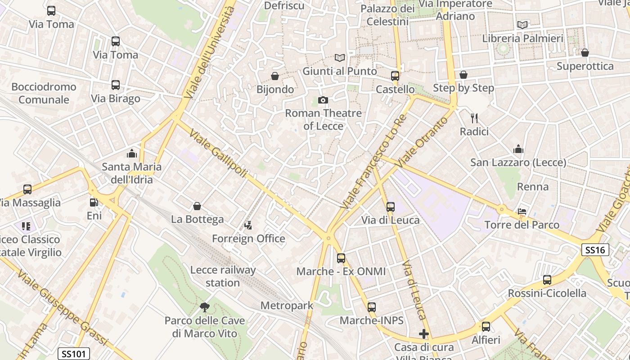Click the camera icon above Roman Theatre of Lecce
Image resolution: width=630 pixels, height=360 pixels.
323,100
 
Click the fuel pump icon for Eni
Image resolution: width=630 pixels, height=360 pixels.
94,203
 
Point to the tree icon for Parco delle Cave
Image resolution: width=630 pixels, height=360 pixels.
205,307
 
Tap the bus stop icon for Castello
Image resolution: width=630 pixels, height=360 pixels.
395,76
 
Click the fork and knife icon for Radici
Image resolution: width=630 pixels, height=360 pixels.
474,118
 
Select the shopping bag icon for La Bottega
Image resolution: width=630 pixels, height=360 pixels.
197,206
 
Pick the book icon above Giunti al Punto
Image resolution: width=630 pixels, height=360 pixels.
340,58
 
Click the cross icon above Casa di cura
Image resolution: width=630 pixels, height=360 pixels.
423,334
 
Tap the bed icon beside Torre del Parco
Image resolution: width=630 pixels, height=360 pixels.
522,211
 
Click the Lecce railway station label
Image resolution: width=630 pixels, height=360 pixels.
223,276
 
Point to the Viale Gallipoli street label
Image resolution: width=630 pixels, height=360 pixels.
218,153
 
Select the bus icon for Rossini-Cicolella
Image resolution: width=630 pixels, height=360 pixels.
547,280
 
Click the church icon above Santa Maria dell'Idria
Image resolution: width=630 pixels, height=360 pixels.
132,153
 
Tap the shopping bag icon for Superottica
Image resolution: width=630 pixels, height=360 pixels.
585,53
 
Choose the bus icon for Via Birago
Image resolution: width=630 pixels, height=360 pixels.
116,85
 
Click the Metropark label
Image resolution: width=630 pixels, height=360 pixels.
287,306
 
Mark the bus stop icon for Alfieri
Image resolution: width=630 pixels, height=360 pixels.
486,327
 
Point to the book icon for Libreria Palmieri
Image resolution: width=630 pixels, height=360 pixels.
522,25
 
